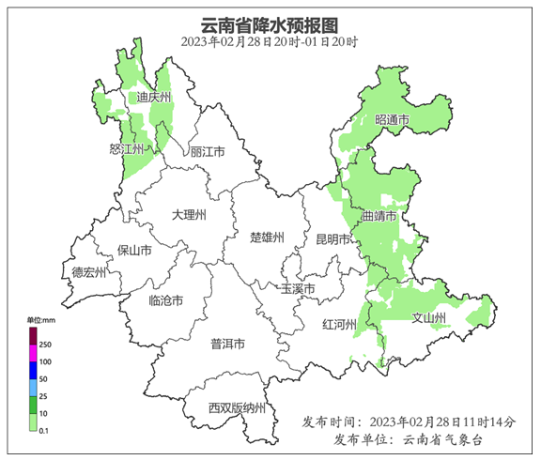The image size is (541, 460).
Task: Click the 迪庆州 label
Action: [x=153, y=98]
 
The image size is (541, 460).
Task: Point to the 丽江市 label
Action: [x=208, y=151]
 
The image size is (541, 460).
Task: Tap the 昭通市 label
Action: [x=392, y=120]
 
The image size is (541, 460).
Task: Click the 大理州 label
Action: [x=189, y=215]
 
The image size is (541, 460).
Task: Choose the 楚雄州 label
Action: [x=267, y=237]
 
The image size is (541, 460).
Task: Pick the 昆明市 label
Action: [x=332, y=239]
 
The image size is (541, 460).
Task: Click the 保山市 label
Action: [x=134, y=251]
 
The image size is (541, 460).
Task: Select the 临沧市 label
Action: [x=166, y=300]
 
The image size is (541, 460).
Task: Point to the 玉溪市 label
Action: [x=297, y=288]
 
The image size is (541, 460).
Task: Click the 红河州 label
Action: [x=340, y=325]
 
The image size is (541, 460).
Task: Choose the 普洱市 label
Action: [x=227, y=344]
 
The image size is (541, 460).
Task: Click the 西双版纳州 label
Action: [x=238, y=408]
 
